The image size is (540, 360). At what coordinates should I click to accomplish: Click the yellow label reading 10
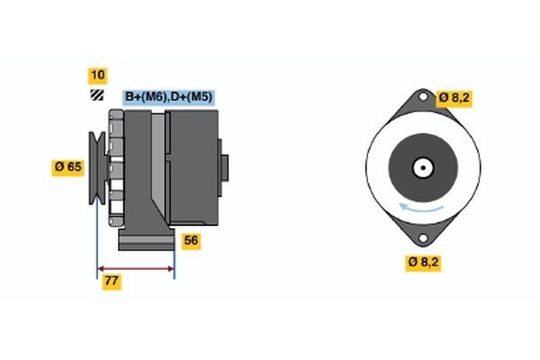point(96,75)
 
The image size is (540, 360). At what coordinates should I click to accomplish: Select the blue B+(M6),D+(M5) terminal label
point(168,97)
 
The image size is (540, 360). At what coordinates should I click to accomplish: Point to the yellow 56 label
point(191,240)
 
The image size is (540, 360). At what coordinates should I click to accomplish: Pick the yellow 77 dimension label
point(112,281)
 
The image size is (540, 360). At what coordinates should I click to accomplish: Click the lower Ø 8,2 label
point(424,263)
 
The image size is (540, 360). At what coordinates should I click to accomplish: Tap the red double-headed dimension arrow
point(135,267)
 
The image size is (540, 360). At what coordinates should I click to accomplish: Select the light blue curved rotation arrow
point(421,209)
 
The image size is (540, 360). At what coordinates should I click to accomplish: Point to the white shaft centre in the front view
point(420,167)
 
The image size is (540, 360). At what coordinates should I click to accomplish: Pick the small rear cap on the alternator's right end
point(224,167)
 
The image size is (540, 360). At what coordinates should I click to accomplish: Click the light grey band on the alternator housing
point(158,167)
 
